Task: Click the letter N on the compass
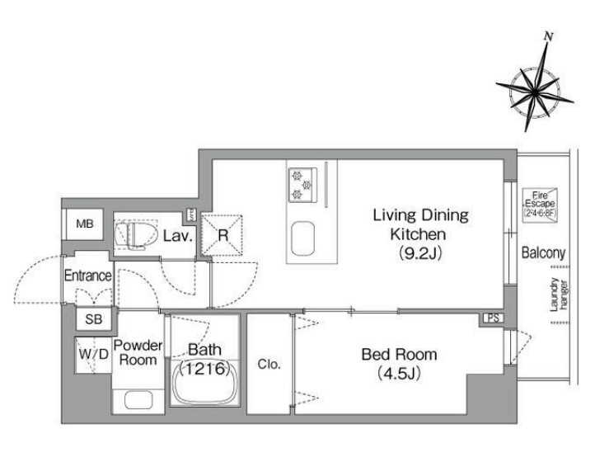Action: [548, 36]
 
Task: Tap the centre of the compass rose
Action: [534, 92]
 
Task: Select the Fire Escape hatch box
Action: [540, 205]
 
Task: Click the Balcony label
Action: [543, 252]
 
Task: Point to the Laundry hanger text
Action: [560, 295]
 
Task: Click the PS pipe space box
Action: [493, 318]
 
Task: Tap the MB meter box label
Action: [85, 224]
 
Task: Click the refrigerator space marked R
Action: [222, 235]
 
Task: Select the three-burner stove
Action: [302, 185]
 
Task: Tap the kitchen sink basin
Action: [302, 238]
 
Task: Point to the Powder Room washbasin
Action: [138, 399]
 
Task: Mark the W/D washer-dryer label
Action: [93, 355]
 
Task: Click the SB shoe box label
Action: [93, 319]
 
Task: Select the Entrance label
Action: [87, 276]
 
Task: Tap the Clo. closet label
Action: [269, 365]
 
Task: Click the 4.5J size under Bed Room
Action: [399, 375]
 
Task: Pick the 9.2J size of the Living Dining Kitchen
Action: [420, 253]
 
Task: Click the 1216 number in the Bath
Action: [205, 368]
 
